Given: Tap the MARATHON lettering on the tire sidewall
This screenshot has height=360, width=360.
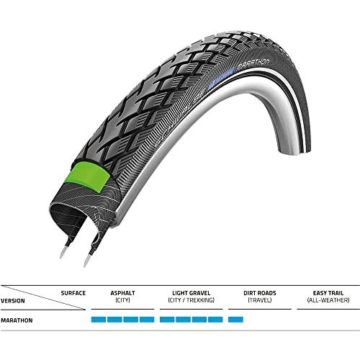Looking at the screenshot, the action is click(x=253, y=63).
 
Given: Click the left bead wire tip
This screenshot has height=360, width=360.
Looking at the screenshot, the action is click(x=63, y=253).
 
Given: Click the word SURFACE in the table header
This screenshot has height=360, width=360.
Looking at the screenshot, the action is click(x=73, y=293).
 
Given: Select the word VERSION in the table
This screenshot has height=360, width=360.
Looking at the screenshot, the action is click(x=13, y=301).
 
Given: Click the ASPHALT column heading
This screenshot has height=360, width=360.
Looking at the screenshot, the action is click(x=122, y=293).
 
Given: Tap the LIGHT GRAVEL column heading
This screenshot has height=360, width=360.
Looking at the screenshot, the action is click(x=191, y=293).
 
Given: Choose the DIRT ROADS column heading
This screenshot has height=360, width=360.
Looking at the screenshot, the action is click(x=260, y=293).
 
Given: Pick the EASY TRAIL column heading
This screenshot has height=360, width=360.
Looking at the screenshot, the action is click(x=328, y=293).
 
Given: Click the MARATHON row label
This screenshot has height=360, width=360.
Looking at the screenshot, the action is click(x=17, y=320).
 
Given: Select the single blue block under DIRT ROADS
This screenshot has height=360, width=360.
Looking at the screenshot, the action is click(x=235, y=320).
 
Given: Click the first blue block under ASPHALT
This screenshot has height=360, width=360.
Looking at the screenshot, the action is click(x=99, y=320).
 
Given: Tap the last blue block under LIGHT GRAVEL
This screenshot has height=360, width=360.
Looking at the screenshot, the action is click(x=215, y=320).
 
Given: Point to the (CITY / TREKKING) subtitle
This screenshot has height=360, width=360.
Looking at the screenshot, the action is click(x=191, y=300).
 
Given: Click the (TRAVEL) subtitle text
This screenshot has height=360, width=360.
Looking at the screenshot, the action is click(x=260, y=300).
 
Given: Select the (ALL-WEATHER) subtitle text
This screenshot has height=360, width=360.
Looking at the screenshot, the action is click(x=328, y=300).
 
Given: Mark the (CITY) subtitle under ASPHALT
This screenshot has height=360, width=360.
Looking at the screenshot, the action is click(x=122, y=300).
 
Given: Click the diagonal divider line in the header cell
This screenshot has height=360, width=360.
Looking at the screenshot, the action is click(x=42, y=297).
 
